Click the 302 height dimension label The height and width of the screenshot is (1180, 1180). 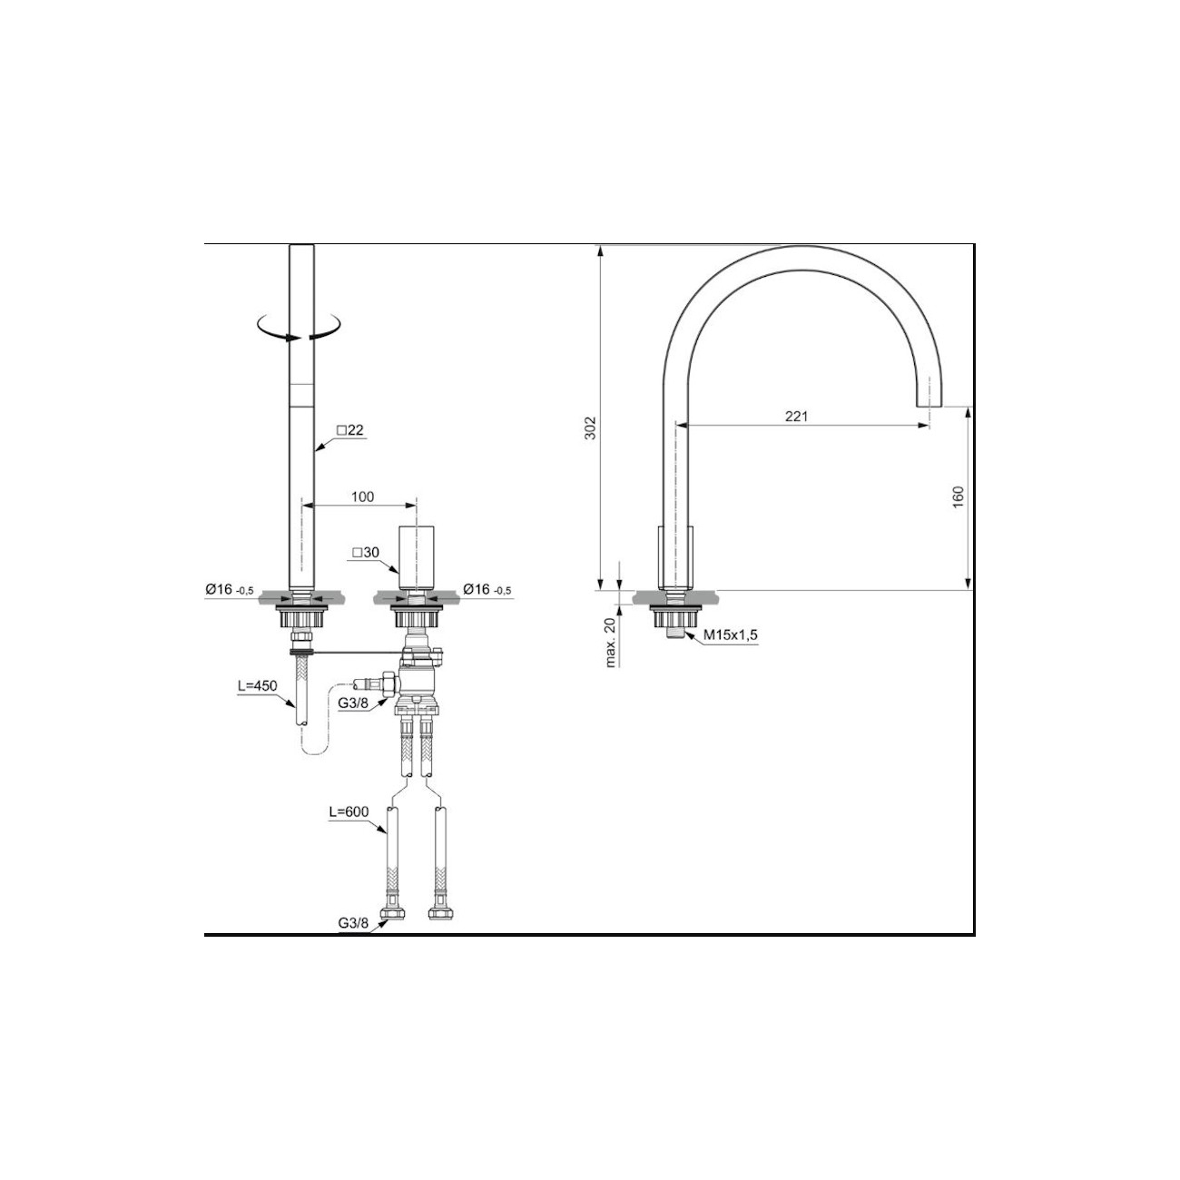click(588, 428)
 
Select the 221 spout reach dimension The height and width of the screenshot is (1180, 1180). click(795, 416)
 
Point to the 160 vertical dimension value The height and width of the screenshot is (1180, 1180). click(959, 497)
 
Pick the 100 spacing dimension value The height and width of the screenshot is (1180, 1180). click(362, 497)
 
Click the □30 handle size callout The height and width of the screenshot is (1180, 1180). click(365, 552)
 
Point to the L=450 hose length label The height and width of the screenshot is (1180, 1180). click(256, 687)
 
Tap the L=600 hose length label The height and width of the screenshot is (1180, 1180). click(349, 811)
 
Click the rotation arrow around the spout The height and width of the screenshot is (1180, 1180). click(300, 328)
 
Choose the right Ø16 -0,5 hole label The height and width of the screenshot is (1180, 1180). click(487, 590)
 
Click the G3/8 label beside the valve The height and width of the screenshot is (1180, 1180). click(354, 703)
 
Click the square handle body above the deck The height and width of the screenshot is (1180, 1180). click(416, 556)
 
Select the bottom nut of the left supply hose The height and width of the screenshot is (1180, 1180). click(394, 911)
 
